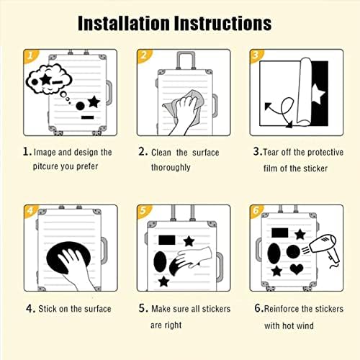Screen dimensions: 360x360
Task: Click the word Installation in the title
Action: (124, 23)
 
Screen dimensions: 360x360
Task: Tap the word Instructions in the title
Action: (223, 23)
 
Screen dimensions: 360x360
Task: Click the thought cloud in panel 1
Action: (49, 79)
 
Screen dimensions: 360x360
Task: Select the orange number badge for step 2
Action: (143, 55)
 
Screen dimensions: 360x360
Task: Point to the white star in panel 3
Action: (318, 94)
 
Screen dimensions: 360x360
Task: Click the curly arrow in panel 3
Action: (279, 112)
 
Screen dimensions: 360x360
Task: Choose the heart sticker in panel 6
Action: (297, 269)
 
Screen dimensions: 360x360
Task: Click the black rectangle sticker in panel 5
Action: (167, 240)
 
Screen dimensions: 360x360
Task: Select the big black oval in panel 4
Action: (68, 258)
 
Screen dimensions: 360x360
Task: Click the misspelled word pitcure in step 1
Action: (45, 166)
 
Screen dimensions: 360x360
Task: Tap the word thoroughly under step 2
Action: (171, 167)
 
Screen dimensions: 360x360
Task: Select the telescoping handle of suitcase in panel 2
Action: (186, 60)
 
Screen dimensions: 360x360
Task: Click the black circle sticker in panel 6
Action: (293, 252)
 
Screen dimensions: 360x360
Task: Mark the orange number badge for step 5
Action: (143, 211)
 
